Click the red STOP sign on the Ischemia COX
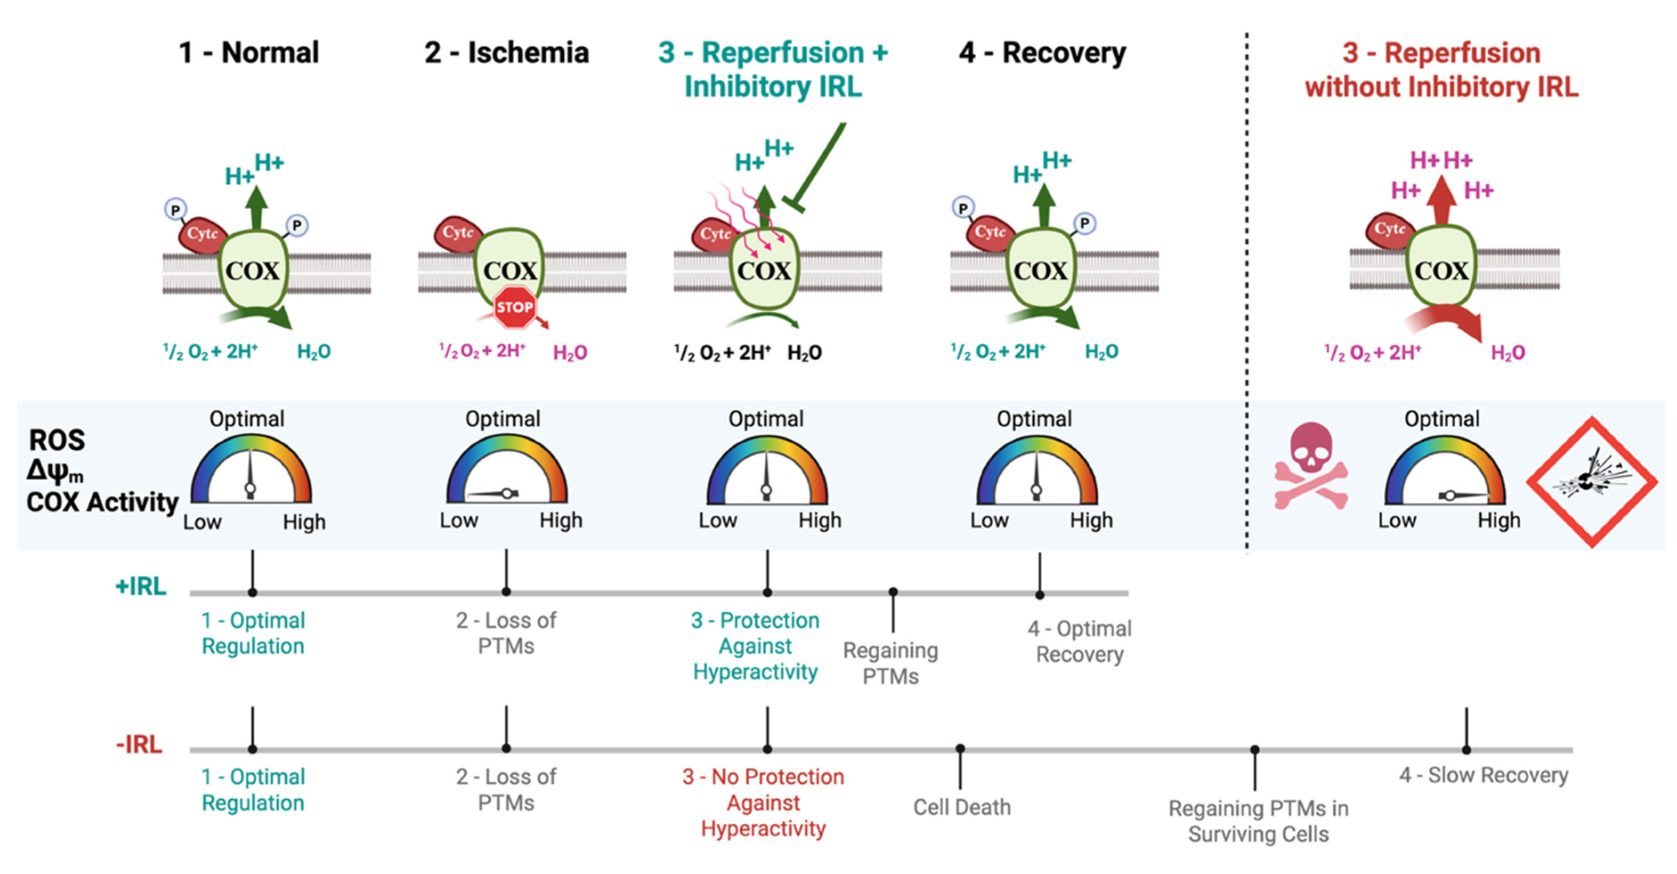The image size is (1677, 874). (x=514, y=307)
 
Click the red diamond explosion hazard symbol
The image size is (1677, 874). (x=1592, y=482)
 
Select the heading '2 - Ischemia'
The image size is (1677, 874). (x=507, y=53)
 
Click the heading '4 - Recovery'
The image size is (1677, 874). (x=1042, y=53)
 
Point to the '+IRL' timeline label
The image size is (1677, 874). (x=141, y=586)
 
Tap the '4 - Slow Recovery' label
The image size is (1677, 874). (x=1484, y=775)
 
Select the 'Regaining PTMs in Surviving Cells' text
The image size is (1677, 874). (x=1258, y=821)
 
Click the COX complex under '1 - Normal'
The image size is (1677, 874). (x=252, y=270)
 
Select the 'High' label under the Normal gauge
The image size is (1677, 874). (x=304, y=522)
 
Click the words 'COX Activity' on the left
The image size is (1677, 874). (x=102, y=502)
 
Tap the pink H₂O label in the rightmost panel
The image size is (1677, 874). (x=1508, y=353)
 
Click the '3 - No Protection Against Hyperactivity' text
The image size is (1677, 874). (x=763, y=802)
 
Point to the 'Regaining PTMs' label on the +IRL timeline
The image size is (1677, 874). (x=890, y=663)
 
